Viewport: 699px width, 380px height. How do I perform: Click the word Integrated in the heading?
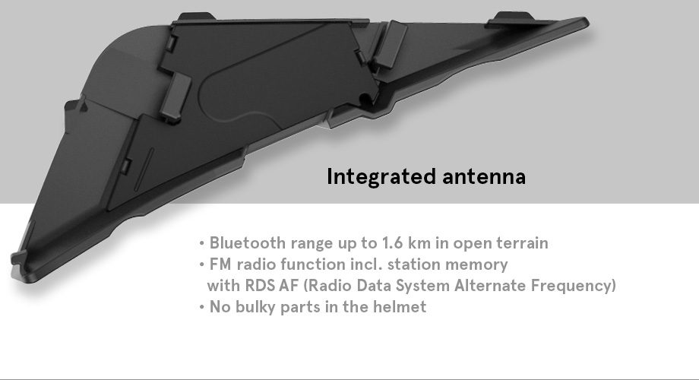pos(381,176)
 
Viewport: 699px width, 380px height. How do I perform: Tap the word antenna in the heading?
pos(484,176)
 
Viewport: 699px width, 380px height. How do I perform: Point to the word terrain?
pos(523,243)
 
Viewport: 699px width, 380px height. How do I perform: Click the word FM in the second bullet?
pos(220,264)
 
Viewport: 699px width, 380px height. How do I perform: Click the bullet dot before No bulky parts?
pos(202,307)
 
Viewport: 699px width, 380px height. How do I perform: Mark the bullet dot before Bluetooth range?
pos(202,243)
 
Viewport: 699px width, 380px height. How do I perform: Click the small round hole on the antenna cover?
pos(365,98)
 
